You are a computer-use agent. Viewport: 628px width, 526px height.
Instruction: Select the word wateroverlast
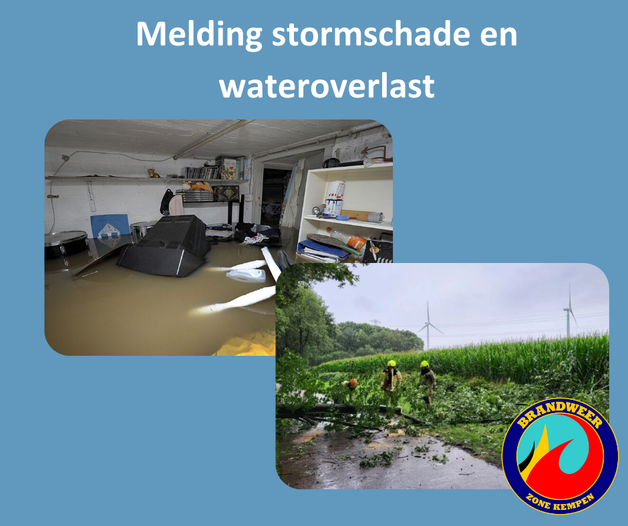point(327,85)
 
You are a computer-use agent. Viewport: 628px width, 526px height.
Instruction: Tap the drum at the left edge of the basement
point(65,244)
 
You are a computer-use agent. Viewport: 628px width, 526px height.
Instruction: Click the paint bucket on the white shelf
point(334,197)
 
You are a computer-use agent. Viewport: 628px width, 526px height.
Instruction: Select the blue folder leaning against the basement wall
point(110,226)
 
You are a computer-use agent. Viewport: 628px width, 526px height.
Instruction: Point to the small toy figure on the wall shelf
point(154,173)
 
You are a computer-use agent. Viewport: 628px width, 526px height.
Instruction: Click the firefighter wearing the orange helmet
point(351,390)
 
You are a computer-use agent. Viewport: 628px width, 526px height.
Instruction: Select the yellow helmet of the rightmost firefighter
point(424,364)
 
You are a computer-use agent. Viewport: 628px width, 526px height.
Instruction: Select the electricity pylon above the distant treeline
point(376,324)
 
